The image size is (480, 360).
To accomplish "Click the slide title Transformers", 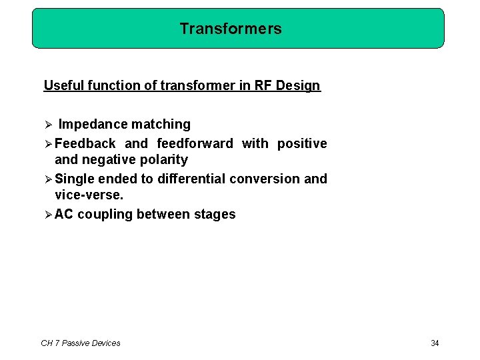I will (x=231, y=29).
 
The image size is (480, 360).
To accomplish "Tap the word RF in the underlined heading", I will (x=261, y=85).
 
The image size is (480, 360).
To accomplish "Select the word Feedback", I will (x=85, y=143).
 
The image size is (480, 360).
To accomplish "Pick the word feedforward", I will (x=195, y=143).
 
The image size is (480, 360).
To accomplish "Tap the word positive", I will (x=302, y=143).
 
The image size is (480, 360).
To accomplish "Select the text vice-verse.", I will (x=89, y=195).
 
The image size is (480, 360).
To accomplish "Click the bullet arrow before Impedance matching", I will (x=47, y=125).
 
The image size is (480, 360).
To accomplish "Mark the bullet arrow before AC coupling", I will (x=47, y=214).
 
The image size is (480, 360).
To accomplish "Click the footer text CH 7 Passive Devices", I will (x=81, y=343).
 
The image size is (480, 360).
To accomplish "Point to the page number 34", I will (x=435, y=343).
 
